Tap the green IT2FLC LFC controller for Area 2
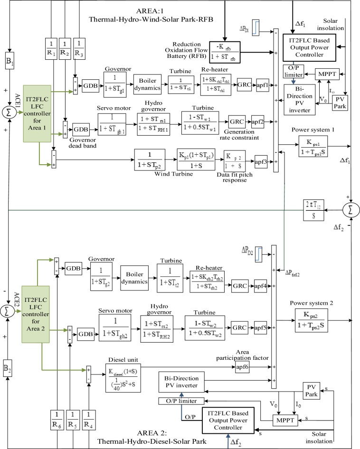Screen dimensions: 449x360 tap(36, 312)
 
